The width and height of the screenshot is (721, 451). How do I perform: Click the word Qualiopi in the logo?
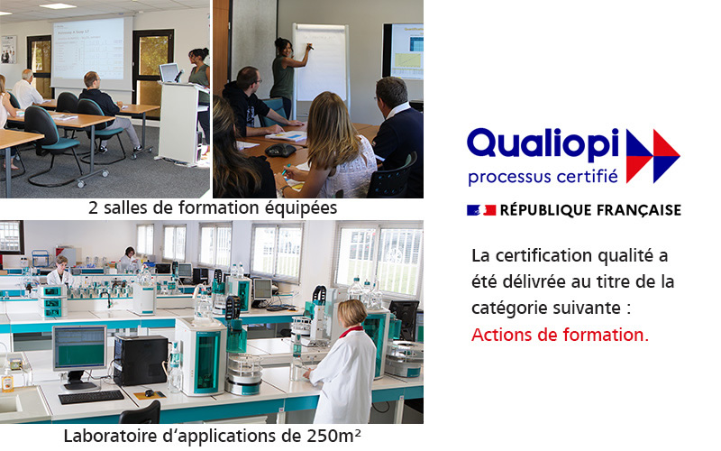coord(543,146)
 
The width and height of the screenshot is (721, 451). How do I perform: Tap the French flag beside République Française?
coord(481,210)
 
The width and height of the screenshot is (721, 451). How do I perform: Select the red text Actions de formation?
coord(560,335)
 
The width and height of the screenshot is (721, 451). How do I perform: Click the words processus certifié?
coord(543,177)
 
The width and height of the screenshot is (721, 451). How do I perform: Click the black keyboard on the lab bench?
coord(91,396)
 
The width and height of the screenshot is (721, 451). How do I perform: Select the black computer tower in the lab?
coord(141,360)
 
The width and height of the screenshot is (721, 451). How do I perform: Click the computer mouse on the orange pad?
coord(149,393)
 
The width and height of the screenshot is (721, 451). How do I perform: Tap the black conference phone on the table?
coord(280,150)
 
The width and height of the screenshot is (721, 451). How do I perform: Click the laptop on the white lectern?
coord(170,73)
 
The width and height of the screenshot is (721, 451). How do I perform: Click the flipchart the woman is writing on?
coord(321,64)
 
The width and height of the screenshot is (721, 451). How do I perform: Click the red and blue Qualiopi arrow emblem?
coord(653,156)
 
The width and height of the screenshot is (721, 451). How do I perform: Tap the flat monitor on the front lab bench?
coord(79,348)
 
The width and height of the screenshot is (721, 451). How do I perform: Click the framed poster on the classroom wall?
coord(8,50)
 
